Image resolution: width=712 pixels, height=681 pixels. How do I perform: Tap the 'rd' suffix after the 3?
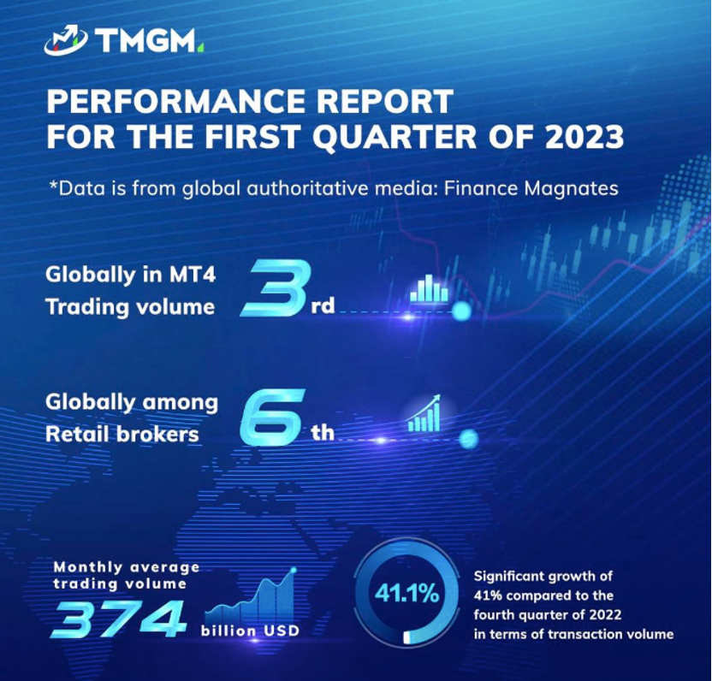pos(322,305)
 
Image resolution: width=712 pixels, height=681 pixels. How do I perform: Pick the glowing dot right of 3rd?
pos(460,311)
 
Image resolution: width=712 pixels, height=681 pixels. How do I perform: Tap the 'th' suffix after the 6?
pos(322,433)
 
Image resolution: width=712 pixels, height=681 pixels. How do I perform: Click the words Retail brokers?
pos(122,434)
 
